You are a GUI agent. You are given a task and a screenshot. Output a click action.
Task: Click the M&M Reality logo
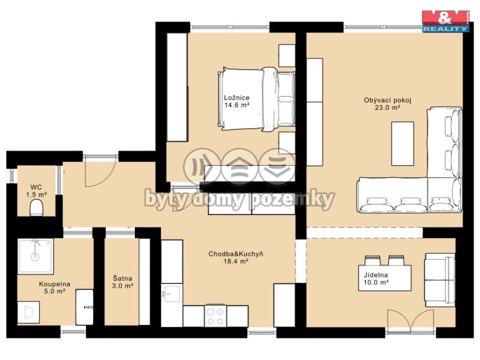point(446,22)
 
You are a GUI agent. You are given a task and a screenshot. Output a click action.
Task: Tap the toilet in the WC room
point(36,207)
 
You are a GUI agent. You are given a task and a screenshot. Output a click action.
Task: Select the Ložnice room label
point(237,98)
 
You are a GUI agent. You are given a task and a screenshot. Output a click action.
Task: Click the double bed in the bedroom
point(257,99)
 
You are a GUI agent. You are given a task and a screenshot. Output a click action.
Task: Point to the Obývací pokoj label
point(387,100)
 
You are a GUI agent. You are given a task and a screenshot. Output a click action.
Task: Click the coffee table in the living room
point(402,144)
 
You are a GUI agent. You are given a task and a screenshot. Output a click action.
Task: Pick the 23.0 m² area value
point(388,108)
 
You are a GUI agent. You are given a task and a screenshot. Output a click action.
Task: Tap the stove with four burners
point(216,316)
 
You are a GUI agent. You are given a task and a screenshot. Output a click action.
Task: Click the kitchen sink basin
point(171,294)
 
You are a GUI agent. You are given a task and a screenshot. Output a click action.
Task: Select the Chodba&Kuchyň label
point(235,254)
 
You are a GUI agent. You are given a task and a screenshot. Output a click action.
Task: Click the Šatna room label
point(122,279)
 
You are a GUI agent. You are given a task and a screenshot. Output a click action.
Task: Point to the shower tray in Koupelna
point(36,256)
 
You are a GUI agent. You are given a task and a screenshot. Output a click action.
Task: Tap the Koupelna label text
point(55,284)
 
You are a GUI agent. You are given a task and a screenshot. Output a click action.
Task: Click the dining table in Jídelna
point(385,277)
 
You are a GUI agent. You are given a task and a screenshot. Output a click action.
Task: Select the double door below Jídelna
point(411,321)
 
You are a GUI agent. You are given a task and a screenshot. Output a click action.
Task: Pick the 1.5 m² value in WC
point(36,194)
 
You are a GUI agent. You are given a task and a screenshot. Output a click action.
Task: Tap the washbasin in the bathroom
point(85,307)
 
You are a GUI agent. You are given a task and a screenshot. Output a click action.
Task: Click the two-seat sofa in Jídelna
point(440,279)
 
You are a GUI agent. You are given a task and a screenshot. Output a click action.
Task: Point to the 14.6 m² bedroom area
point(237,105)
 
